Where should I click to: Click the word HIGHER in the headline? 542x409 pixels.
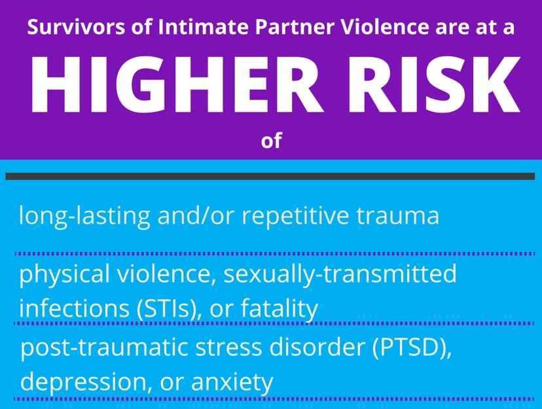(173, 84)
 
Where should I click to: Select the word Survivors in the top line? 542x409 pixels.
(76, 27)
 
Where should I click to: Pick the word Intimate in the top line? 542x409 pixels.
(203, 27)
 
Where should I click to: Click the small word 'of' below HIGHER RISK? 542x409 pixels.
(272, 141)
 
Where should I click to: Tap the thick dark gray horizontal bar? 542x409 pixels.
(270, 176)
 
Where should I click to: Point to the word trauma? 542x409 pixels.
(397, 216)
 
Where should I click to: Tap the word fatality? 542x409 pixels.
(279, 308)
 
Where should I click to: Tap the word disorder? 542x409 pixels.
(317, 347)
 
